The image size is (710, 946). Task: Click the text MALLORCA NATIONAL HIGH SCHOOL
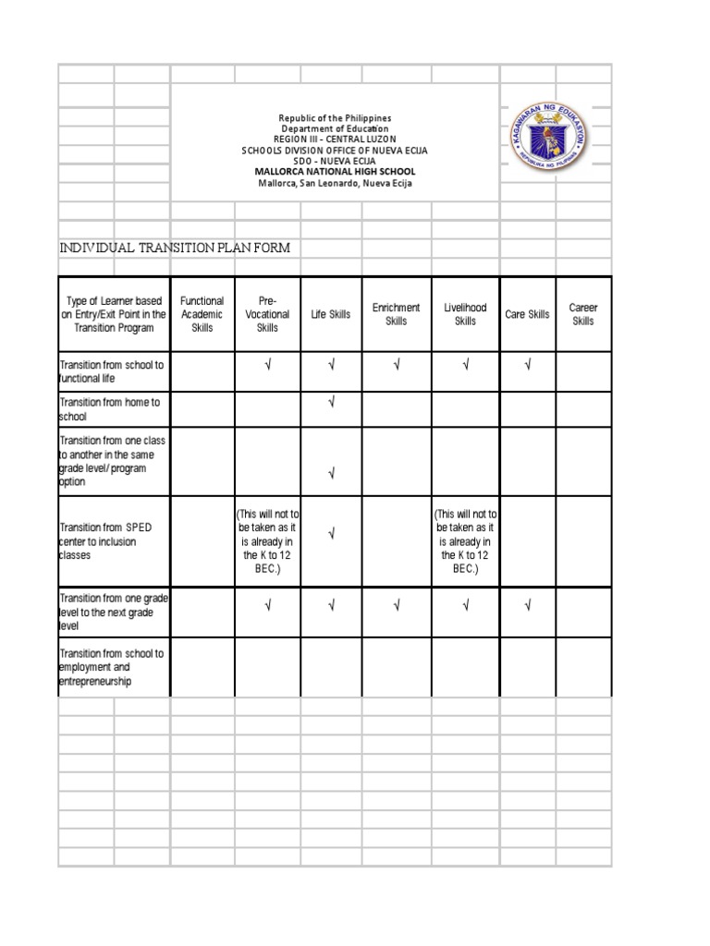pos(335,172)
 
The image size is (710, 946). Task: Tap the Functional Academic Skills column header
pos(202,314)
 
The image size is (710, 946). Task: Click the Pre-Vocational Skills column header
pos(267,314)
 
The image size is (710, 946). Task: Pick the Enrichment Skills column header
pos(396,314)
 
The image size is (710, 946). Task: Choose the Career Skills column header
pos(583,314)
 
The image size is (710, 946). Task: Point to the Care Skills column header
pos(527,315)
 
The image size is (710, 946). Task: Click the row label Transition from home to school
pos(111,409)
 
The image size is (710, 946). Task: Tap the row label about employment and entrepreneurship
pos(111,667)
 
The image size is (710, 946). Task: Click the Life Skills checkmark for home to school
pos(331,402)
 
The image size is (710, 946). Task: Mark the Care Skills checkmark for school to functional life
pos(527,365)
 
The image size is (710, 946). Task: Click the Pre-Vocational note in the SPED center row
pos(267,541)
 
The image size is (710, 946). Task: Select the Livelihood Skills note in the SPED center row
pos(465,541)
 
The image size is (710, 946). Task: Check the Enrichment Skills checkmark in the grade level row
pos(396,606)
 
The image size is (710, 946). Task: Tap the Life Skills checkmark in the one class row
pos(331,474)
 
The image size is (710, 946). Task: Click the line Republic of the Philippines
pos(335,118)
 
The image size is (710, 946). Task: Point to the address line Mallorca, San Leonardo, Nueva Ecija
pos(335,183)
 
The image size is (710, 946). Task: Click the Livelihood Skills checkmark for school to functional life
pos(465,365)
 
